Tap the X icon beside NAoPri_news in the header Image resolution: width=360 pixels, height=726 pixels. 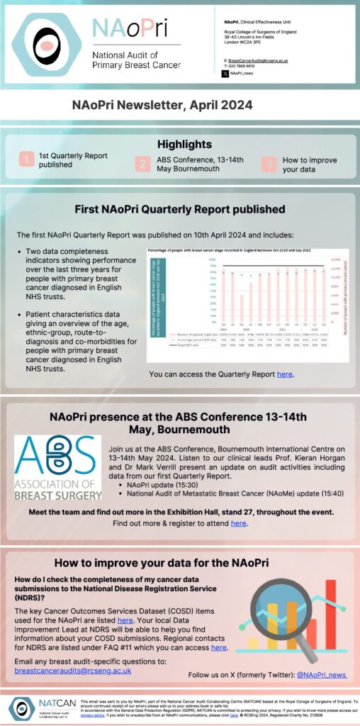click(x=225, y=74)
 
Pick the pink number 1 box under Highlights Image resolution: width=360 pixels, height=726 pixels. click(x=26, y=160)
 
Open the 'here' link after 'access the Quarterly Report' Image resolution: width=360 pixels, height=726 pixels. click(x=283, y=374)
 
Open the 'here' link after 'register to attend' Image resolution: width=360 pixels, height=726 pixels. click(x=238, y=523)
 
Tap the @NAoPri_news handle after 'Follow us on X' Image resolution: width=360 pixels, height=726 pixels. click(x=322, y=675)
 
